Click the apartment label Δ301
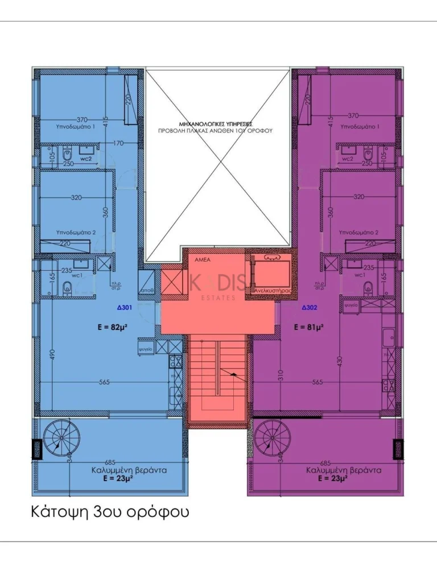[x=124, y=308]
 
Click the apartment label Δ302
[x=309, y=308]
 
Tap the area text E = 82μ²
[x=113, y=327]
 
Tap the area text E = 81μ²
[x=308, y=327]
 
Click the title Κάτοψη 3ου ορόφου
[x=109, y=512]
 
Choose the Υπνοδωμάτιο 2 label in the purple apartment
[x=358, y=233]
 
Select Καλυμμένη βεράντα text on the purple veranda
[x=344, y=470]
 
